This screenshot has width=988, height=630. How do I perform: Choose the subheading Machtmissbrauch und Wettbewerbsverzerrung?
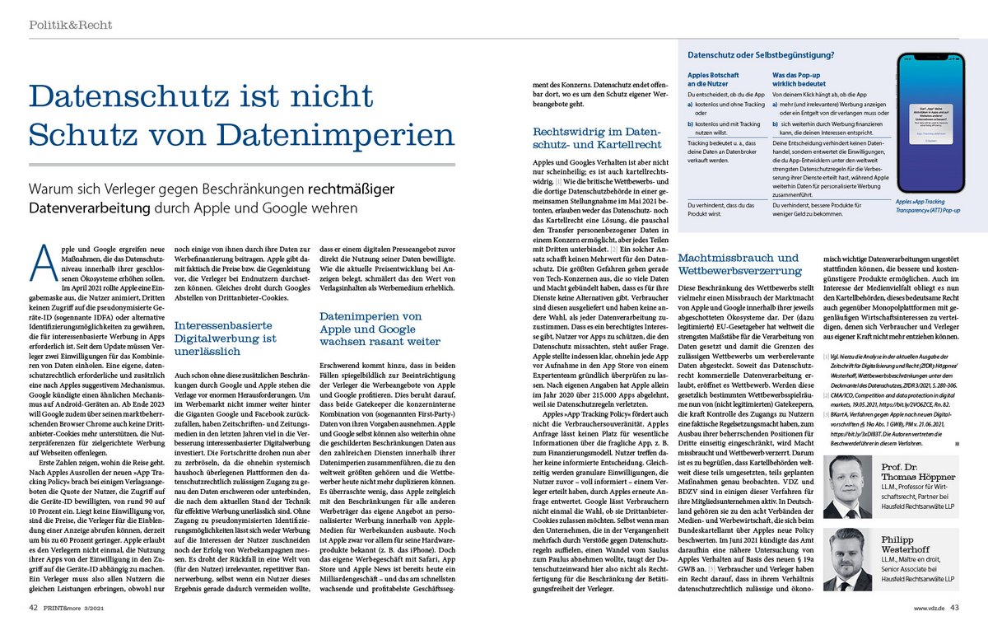pyautogui.click(x=738, y=265)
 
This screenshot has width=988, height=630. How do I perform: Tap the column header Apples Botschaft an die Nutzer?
pyautogui.click(x=711, y=79)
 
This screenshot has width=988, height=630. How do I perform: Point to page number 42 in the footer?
pyautogui.click(x=30, y=608)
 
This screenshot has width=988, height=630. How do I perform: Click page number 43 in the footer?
pyautogui.click(x=955, y=608)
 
